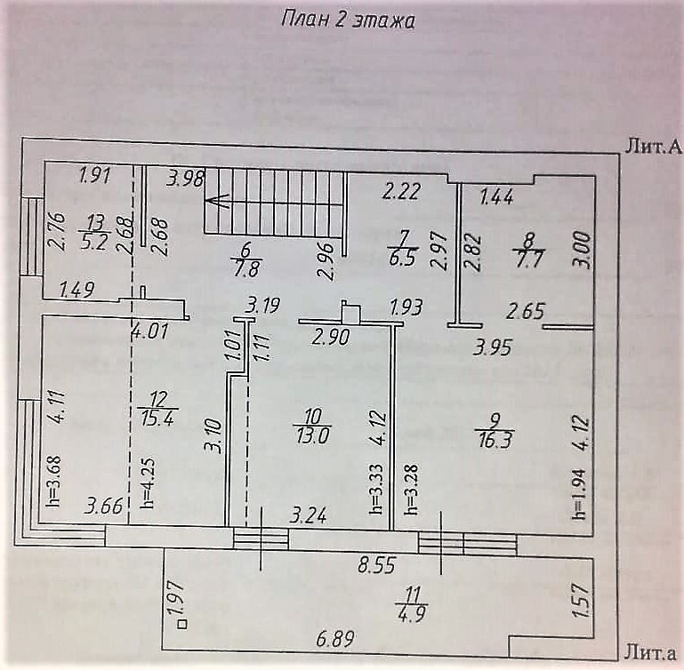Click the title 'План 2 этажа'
coord(347,20)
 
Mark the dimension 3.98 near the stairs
coord(185,177)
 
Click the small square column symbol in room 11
coord(181,626)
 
